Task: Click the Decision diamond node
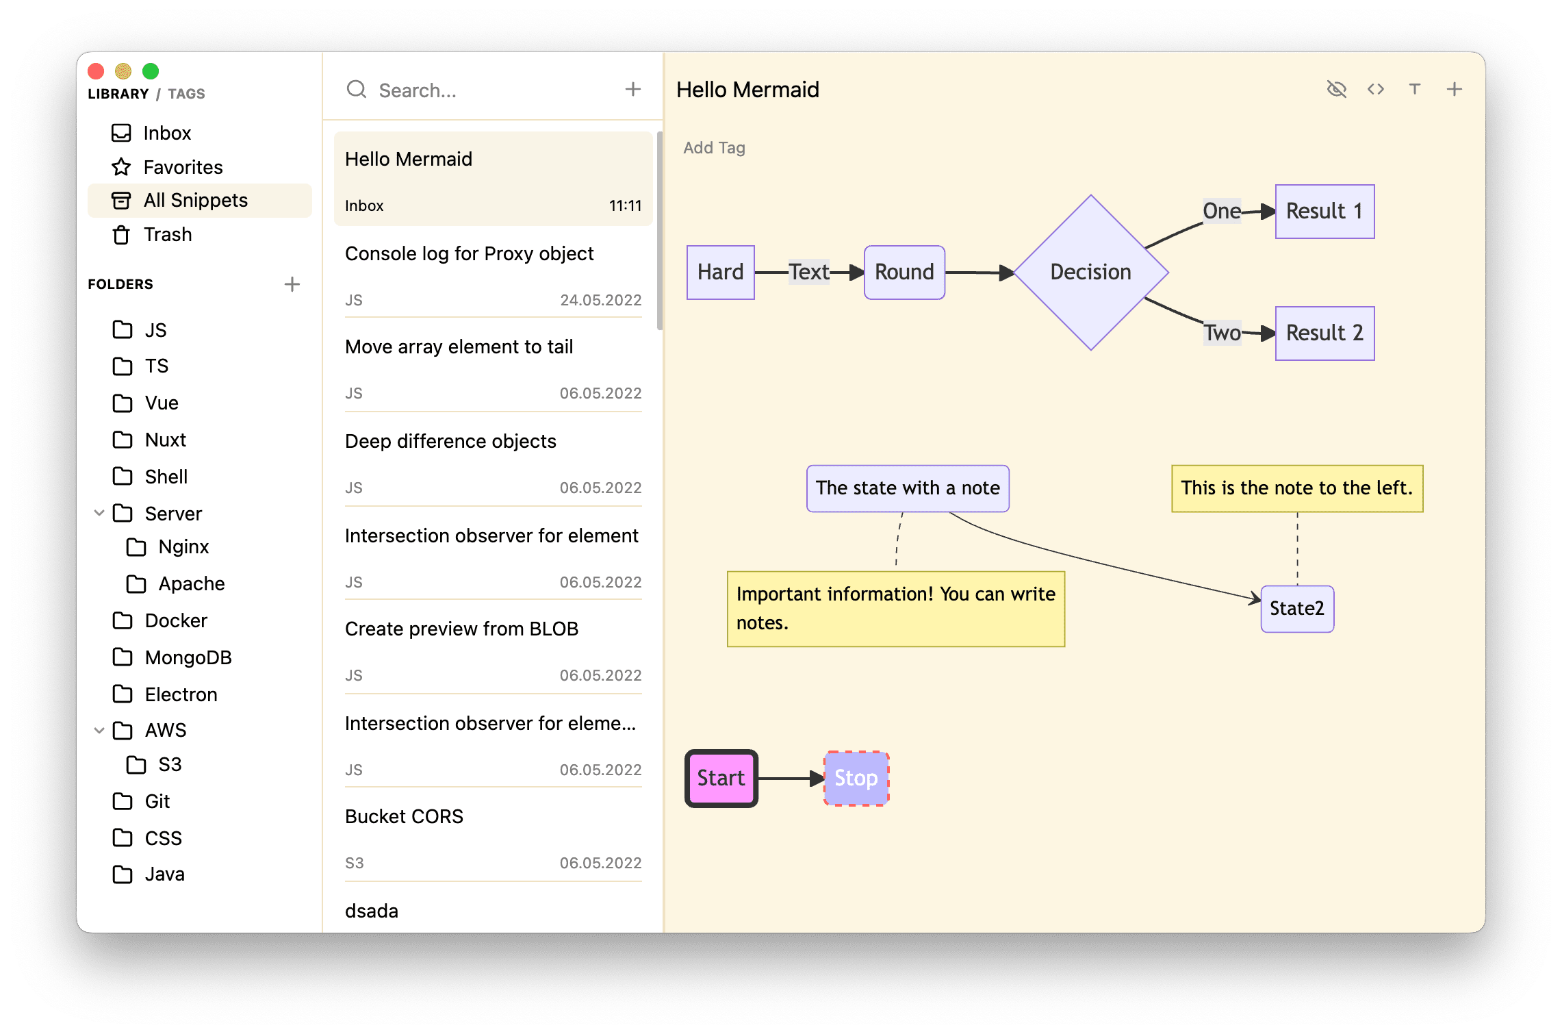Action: click(x=1090, y=273)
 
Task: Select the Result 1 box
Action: click(x=1324, y=212)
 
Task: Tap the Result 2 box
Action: click(x=1324, y=333)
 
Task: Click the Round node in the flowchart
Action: click(x=904, y=273)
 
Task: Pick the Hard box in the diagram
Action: click(x=720, y=273)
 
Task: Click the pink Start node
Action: click(x=721, y=779)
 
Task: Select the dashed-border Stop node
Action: click(x=856, y=779)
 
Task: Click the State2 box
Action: click(x=1297, y=609)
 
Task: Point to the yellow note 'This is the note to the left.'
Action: click(x=1297, y=488)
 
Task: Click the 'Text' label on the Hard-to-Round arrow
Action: click(x=809, y=273)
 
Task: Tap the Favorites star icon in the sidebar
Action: click(x=121, y=167)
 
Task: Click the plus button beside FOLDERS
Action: click(x=292, y=284)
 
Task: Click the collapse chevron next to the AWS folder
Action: click(x=99, y=731)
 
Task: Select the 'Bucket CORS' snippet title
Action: click(x=404, y=817)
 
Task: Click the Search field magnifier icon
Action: click(x=357, y=90)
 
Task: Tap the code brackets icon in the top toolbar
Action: click(x=1376, y=90)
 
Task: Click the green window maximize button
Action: click(x=151, y=71)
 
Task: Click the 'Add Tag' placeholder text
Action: click(x=714, y=148)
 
